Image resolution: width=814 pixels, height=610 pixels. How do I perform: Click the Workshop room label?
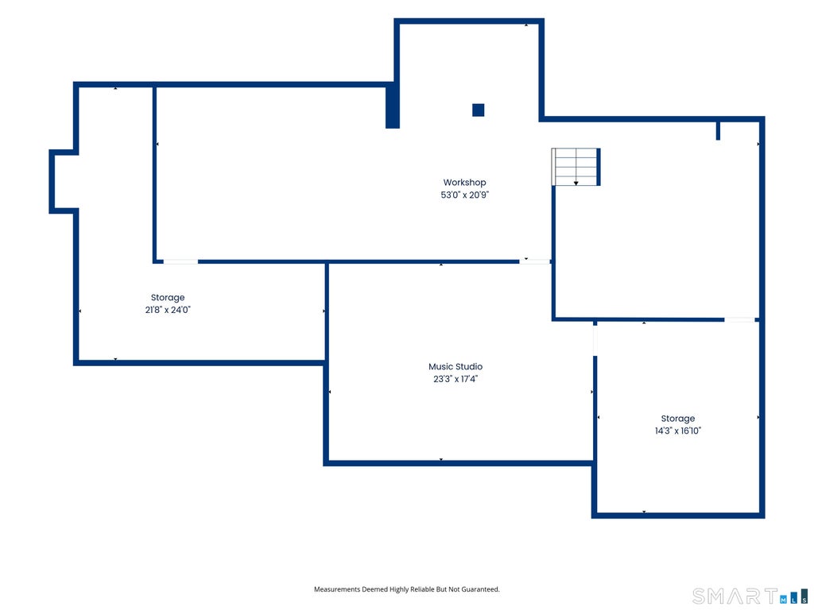(464, 183)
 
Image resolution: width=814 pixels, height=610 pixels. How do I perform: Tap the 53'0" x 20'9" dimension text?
(464, 195)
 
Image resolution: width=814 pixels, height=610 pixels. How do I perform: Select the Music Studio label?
(455, 367)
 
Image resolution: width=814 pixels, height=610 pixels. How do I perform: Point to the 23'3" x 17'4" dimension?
(455, 379)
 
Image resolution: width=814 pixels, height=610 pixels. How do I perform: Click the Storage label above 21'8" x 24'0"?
(168, 298)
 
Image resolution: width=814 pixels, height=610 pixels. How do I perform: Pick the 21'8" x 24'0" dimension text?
(168, 311)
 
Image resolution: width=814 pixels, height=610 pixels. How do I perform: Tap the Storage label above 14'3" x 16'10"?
(677, 419)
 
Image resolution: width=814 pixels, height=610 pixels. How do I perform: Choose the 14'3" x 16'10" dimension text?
(677, 430)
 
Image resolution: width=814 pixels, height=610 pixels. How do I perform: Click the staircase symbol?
(576, 167)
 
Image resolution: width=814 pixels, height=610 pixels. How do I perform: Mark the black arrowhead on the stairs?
(576, 183)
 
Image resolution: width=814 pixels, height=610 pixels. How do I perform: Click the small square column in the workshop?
(478, 110)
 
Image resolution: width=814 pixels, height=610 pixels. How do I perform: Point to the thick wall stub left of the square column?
(393, 106)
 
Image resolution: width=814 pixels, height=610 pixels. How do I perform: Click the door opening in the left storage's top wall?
(180, 262)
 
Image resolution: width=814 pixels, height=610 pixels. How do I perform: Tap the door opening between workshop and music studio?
(535, 262)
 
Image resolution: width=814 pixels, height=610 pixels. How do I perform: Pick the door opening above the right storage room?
(740, 319)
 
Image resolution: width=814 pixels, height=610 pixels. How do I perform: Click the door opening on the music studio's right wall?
(595, 340)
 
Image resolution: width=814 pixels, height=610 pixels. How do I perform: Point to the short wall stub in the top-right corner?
(718, 131)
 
